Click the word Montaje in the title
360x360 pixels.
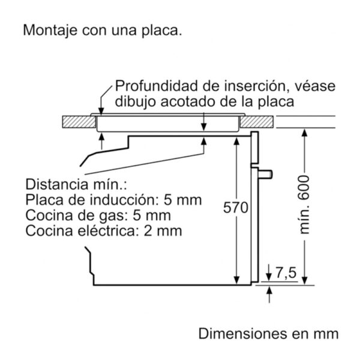tap(50, 30)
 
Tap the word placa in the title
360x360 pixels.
tap(161, 30)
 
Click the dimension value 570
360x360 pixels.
tap(236, 208)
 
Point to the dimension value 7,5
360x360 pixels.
tap(286, 273)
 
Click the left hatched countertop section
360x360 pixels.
tap(79, 122)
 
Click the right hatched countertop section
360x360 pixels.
tap(257, 122)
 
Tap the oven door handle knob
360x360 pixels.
tap(265, 174)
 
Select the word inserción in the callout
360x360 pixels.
tap(254, 86)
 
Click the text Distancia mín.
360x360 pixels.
tap(76, 184)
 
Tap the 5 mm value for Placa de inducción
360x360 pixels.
tap(183, 200)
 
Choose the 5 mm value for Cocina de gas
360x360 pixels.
tap(152, 215)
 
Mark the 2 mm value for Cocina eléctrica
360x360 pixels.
tap(163, 231)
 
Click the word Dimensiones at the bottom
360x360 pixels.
tap(243, 334)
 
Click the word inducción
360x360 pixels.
tap(123, 200)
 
